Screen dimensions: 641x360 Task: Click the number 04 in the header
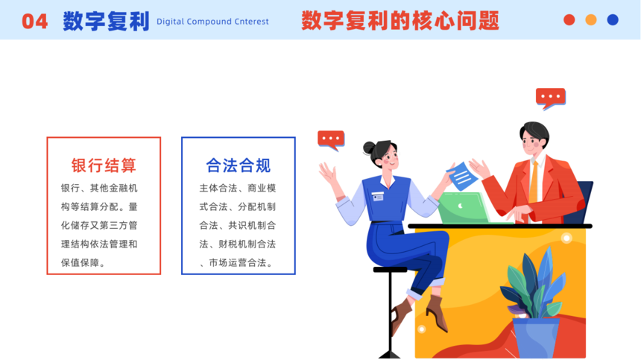click(x=35, y=22)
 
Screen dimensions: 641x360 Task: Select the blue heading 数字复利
click(x=107, y=22)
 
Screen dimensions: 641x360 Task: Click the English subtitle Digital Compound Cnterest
click(x=212, y=22)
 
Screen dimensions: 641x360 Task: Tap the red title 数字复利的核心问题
click(x=400, y=21)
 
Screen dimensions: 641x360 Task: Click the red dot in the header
click(x=569, y=19)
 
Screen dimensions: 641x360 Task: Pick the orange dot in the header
click(x=591, y=19)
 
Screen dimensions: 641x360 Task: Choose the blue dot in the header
click(x=613, y=19)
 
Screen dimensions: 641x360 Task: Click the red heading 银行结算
click(x=104, y=165)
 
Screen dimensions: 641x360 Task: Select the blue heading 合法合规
click(x=239, y=165)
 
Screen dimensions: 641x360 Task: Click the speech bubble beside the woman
click(x=331, y=140)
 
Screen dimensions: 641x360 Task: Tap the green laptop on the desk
click(x=465, y=208)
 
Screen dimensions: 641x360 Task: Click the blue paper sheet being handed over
click(x=462, y=176)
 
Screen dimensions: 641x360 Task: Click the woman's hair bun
click(x=369, y=148)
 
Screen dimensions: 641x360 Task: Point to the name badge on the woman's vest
click(x=378, y=197)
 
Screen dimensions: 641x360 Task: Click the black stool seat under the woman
click(x=391, y=269)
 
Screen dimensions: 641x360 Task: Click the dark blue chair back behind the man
click(x=580, y=202)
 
